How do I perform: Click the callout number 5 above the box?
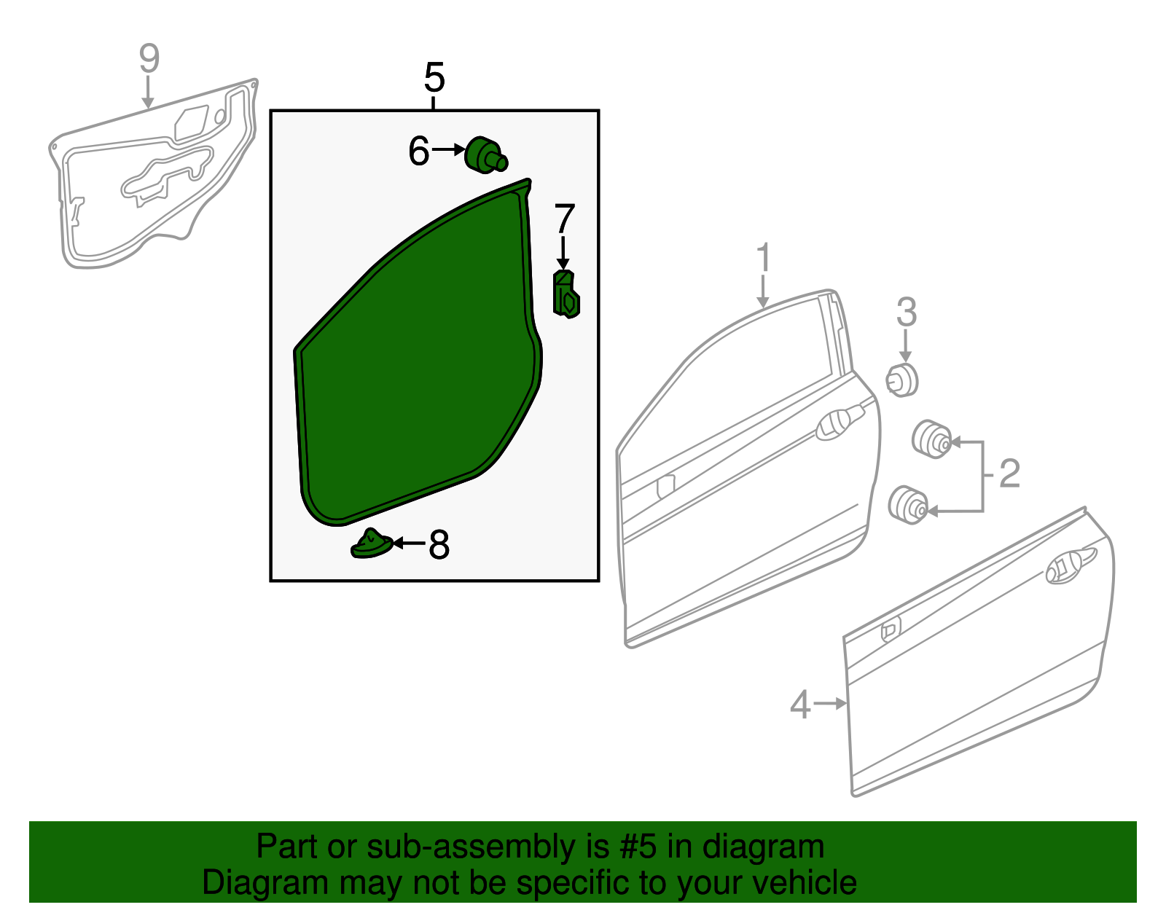(434, 77)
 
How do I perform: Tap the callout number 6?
(418, 152)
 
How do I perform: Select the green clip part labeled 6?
(485, 155)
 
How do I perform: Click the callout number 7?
(565, 219)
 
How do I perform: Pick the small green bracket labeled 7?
(566, 294)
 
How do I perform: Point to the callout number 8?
(439, 544)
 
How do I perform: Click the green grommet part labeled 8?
(372, 544)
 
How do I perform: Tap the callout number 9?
(149, 58)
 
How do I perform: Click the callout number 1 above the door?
(763, 258)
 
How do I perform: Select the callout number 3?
(906, 312)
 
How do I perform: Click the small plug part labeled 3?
(902, 380)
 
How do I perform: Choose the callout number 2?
(1009, 474)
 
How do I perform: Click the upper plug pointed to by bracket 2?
(931, 439)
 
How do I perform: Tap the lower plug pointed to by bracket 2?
(908, 504)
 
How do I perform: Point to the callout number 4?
(800, 705)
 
